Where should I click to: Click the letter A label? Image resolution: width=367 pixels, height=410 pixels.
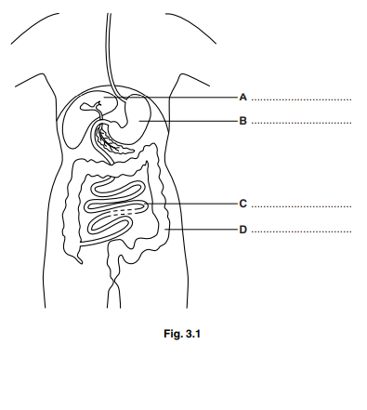[242, 97]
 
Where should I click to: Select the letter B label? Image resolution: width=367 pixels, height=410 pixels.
[242, 121]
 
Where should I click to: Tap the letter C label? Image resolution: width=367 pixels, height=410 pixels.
[242, 204]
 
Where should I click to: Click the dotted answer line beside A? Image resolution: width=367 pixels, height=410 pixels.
[302, 99]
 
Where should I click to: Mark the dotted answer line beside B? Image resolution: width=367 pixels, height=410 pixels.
[302, 124]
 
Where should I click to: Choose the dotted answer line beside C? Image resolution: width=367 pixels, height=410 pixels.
[302, 206]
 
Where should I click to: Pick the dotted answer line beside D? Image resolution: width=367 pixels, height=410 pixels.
[302, 231]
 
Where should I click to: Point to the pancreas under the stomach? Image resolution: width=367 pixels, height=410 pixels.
[116, 144]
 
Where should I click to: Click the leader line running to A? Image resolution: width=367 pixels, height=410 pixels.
[195, 97]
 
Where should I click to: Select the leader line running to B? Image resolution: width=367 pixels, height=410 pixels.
[200, 121]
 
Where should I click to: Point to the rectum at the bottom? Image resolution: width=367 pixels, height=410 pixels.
[115, 279]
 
